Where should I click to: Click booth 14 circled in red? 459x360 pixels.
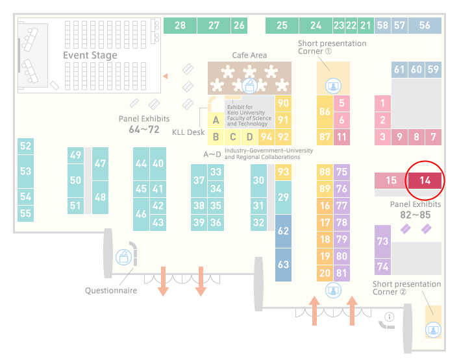tap(425, 180)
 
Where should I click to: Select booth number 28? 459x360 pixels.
tap(180, 25)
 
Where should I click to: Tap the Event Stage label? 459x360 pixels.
tap(90, 55)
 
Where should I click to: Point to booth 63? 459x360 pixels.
tap(283, 265)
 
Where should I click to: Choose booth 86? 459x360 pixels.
tap(325, 112)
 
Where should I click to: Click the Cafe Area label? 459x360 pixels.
tap(249, 55)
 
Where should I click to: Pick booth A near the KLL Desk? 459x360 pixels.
tap(216, 120)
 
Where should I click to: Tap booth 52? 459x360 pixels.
tap(25, 146)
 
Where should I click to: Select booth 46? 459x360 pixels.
tap(141, 214)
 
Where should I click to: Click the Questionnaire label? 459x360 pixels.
tap(111, 291)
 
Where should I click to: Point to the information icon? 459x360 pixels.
tap(390, 317)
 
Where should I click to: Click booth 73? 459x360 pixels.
tap(382, 241)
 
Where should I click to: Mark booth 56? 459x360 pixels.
tap(425, 25)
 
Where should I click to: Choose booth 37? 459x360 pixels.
tap(199, 180)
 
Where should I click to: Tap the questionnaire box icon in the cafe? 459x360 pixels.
tap(249, 86)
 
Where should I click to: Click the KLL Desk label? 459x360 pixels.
tap(188, 132)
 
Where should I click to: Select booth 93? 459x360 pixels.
tap(283, 172)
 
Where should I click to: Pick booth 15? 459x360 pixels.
tap(391, 180)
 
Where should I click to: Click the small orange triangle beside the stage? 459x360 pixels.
tap(166, 77)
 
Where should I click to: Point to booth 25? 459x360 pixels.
tap(282, 25)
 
